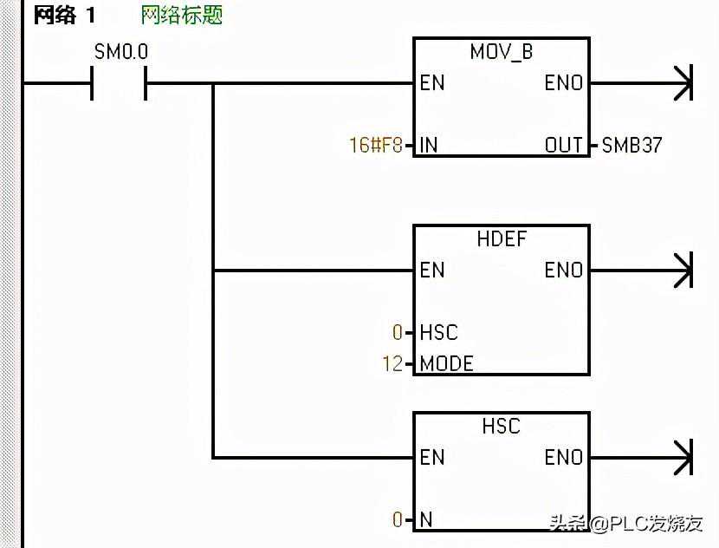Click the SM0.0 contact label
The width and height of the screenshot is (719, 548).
click(120, 52)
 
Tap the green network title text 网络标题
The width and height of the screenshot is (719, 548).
click(182, 16)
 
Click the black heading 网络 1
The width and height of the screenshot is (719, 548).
click(64, 16)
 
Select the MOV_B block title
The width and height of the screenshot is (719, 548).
click(502, 52)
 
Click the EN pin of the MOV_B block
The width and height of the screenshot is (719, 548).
click(432, 83)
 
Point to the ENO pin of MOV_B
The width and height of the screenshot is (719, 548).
click(563, 83)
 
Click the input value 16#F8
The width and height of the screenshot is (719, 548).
click(376, 145)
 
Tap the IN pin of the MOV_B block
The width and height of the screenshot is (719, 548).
click(429, 145)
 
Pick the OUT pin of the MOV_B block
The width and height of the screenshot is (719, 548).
click(564, 145)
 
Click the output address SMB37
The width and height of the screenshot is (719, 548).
click(632, 145)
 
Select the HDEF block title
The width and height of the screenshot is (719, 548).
click(502, 238)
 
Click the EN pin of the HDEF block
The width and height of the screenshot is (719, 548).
click(432, 271)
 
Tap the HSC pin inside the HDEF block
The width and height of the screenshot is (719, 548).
click(438, 332)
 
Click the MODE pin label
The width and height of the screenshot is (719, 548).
click(446, 363)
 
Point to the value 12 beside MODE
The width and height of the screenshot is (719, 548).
click(392, 363)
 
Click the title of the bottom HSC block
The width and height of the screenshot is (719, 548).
click(502, 426)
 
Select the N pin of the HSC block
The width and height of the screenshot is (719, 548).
click(425, 519)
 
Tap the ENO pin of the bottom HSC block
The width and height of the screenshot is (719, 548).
click(563, 457)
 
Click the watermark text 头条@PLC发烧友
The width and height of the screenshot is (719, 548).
click(624, 523)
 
